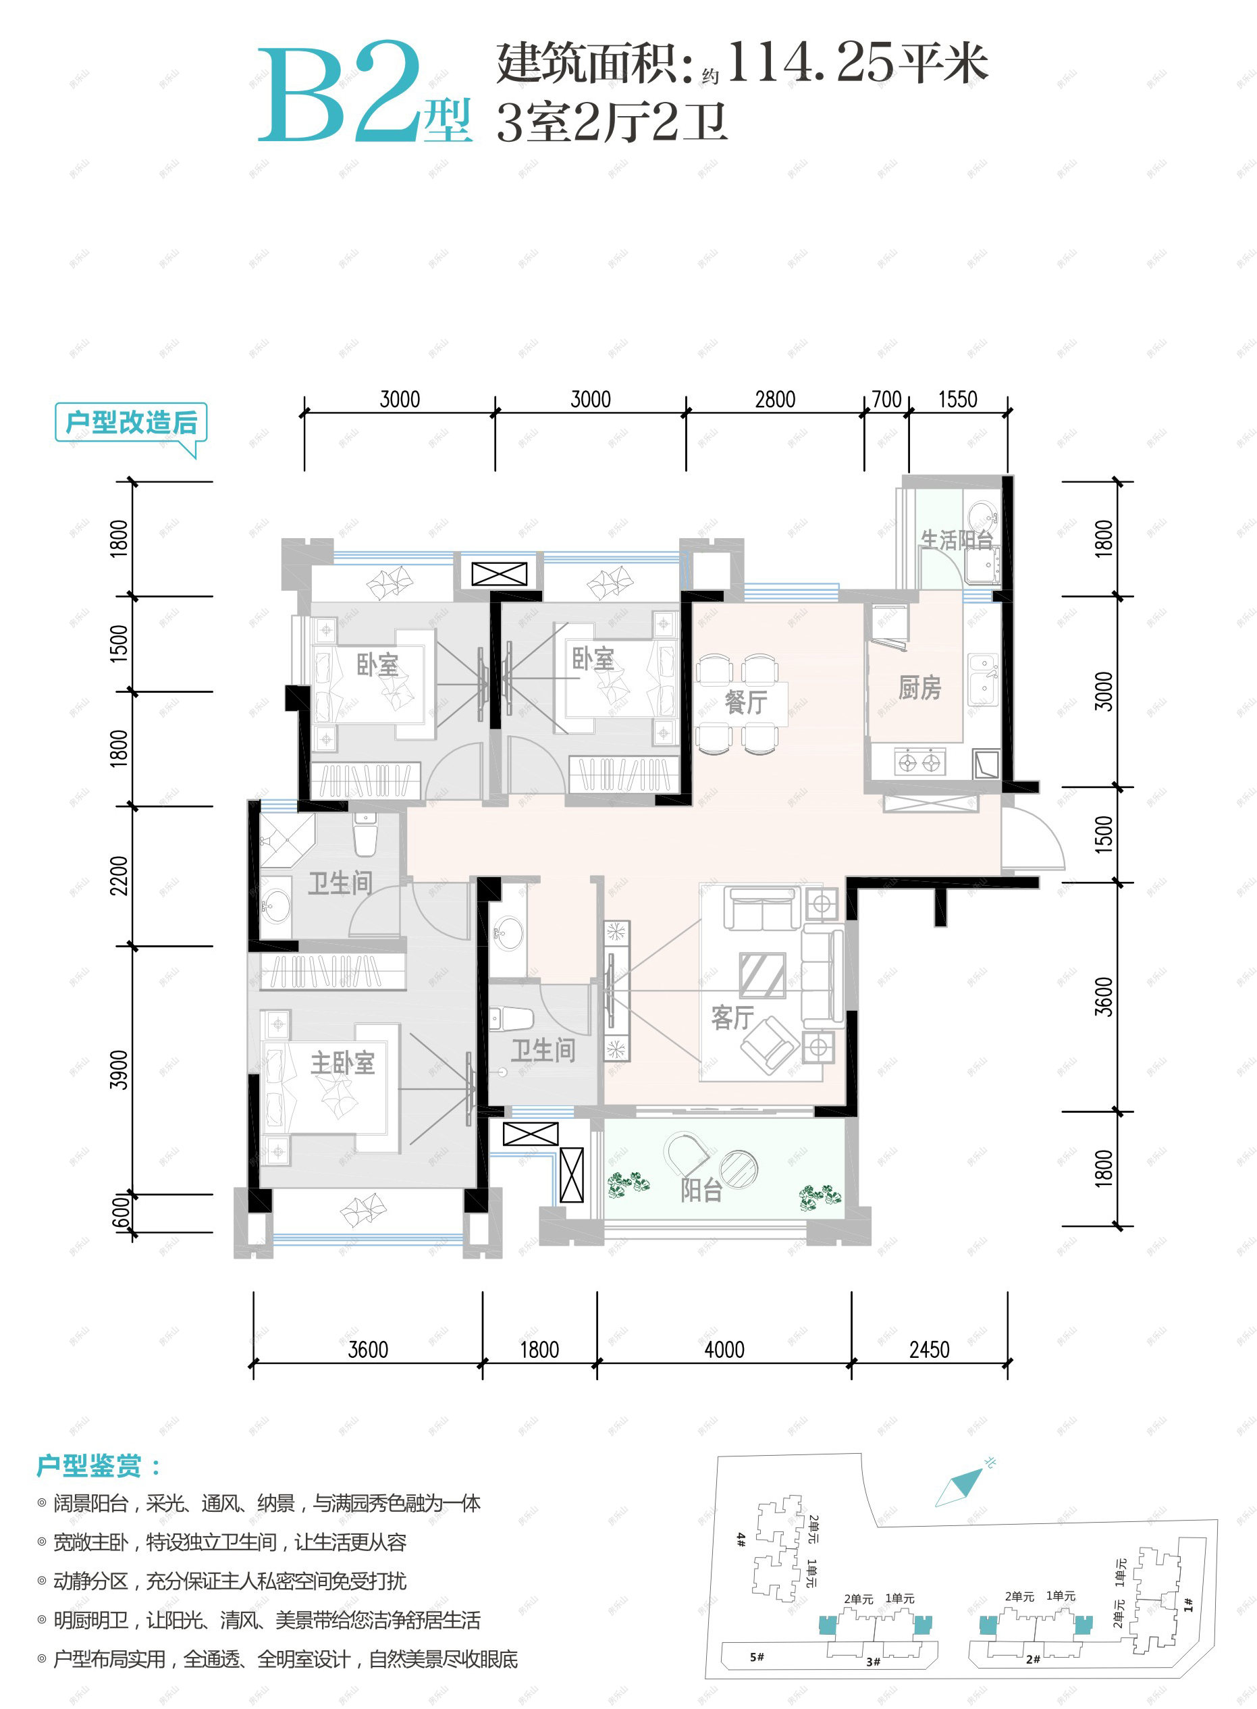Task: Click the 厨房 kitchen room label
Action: coord(919,688)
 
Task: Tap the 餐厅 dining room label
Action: coord(746,702)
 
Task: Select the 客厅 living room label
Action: coord(732,1017)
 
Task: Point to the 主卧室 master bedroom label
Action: coord(342,1063)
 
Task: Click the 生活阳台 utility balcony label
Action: coord(957,540)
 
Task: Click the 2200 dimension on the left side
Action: coord(119,876)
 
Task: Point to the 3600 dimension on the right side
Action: coord(1104,997)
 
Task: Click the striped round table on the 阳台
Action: coord(739,1167)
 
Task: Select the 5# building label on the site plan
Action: coord(756,1656)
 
